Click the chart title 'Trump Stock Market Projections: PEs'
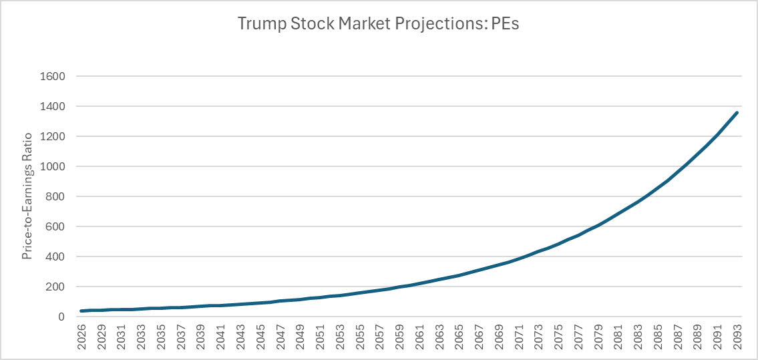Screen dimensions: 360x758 point(379,24)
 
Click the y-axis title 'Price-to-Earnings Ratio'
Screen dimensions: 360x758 point(27,196)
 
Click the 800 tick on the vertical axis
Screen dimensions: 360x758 point(55,196)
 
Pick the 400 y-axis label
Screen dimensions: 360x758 point(55,256)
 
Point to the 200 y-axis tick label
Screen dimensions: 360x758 point(55,287)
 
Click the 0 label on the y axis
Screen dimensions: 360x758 point(61,317)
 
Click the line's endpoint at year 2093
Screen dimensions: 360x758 point(736,113)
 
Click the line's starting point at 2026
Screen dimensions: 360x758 point(81,311)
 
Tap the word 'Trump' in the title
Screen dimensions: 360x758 point(256,24)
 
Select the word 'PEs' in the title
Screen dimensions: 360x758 point(505,24)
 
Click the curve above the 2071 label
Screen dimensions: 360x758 point(516,258)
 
